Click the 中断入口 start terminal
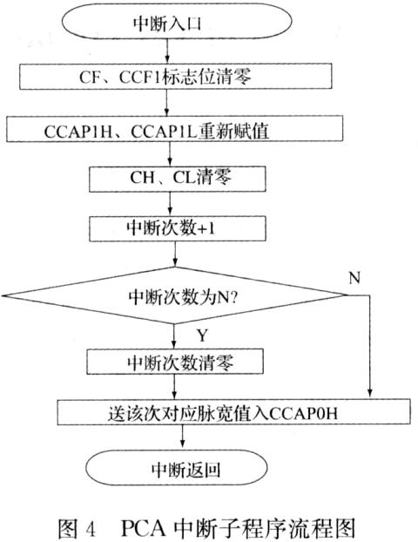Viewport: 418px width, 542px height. click(x=177, y=22)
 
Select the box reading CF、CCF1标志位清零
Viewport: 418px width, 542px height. click(x=176, y=77)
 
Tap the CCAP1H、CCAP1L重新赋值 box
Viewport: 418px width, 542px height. click(x=174, y=129)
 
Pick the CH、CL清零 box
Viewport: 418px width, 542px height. click(x=178, y=179)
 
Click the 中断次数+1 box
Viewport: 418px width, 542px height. click(x=178, y=228)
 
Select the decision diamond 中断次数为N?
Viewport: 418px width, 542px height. click(x=174, y=295)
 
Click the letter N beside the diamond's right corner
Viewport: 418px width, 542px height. click(x=354, y=278)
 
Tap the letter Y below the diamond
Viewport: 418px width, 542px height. click(x=202, y=335)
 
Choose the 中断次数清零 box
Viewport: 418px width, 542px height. click(x=175, y=362)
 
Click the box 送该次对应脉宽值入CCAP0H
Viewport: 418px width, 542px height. click(x=234, y=412)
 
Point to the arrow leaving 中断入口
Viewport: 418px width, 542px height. click(x=167, y=51)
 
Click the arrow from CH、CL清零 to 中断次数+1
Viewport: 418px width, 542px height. click(x=170, y=204)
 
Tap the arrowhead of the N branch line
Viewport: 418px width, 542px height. click(x=369, y=393)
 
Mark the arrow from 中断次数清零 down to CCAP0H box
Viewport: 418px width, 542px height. click(x=174, y=386)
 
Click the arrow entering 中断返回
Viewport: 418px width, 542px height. click(x=182, y=437)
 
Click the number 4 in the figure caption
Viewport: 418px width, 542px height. click(x=91, y=529)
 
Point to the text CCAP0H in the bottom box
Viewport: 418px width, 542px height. click(x=303, y=413)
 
